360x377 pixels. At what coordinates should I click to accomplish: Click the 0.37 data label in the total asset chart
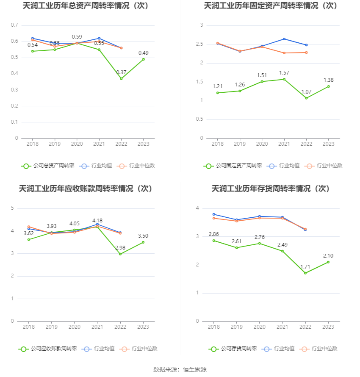[x=121, y=72]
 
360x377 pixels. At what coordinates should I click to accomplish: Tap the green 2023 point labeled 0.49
[x=143, y=59]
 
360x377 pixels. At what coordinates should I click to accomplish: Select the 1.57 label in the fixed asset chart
[x=284, y=73]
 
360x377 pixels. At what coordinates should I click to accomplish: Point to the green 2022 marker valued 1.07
[x=306, y=98]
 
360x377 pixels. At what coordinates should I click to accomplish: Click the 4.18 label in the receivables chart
[x=97, y=221]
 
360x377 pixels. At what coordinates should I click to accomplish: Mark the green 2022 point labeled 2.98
[x=120, y=254]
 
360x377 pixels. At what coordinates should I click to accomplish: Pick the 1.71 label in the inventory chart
[x=305, y=267]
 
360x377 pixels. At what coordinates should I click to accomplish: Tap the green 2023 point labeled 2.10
[x=328, y=262]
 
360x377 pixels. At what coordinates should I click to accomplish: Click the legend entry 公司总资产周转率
[x=48, y=166]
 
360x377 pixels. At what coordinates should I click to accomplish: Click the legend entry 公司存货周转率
[x=233, y=349]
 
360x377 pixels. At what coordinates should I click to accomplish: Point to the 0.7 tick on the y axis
[x=14, y=25]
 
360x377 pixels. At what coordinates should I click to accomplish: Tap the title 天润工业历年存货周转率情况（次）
[x=271, y=188]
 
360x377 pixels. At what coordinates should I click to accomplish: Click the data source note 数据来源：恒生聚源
[x=180, y=369]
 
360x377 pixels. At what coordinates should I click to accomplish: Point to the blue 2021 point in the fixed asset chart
[x=284, y=39]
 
